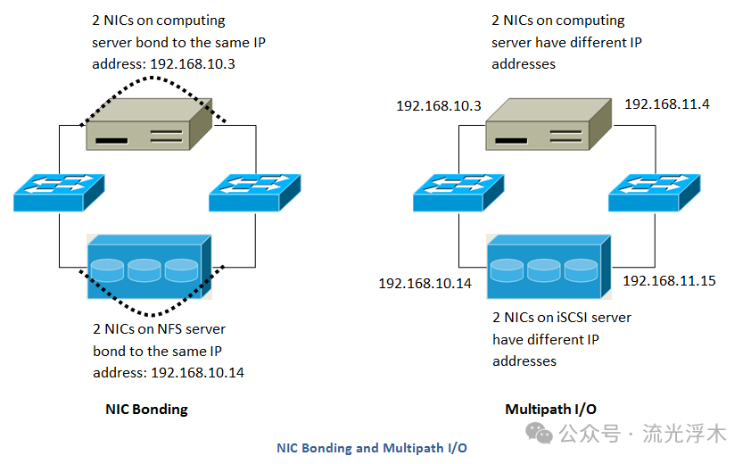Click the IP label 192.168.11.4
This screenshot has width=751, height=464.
pyautogui.click(x=667, y=104)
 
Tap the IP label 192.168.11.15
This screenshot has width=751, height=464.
pyautogui.click(x=669, y=280)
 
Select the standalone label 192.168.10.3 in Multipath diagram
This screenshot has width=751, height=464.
pyautogui.click(x=439, y=106)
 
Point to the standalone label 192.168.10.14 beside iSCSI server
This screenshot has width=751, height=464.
pyautogui.click(x=425, y=283)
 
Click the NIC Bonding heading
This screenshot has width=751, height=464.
pyautogui.click(x=146, y=410)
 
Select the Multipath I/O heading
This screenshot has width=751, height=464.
pyautogui.click(x=550, y=410)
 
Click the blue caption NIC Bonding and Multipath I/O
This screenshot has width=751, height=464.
pyautogui.click(x=371, y=448)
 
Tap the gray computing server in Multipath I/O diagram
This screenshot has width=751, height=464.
pyautogui.click(x=548, y=125)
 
